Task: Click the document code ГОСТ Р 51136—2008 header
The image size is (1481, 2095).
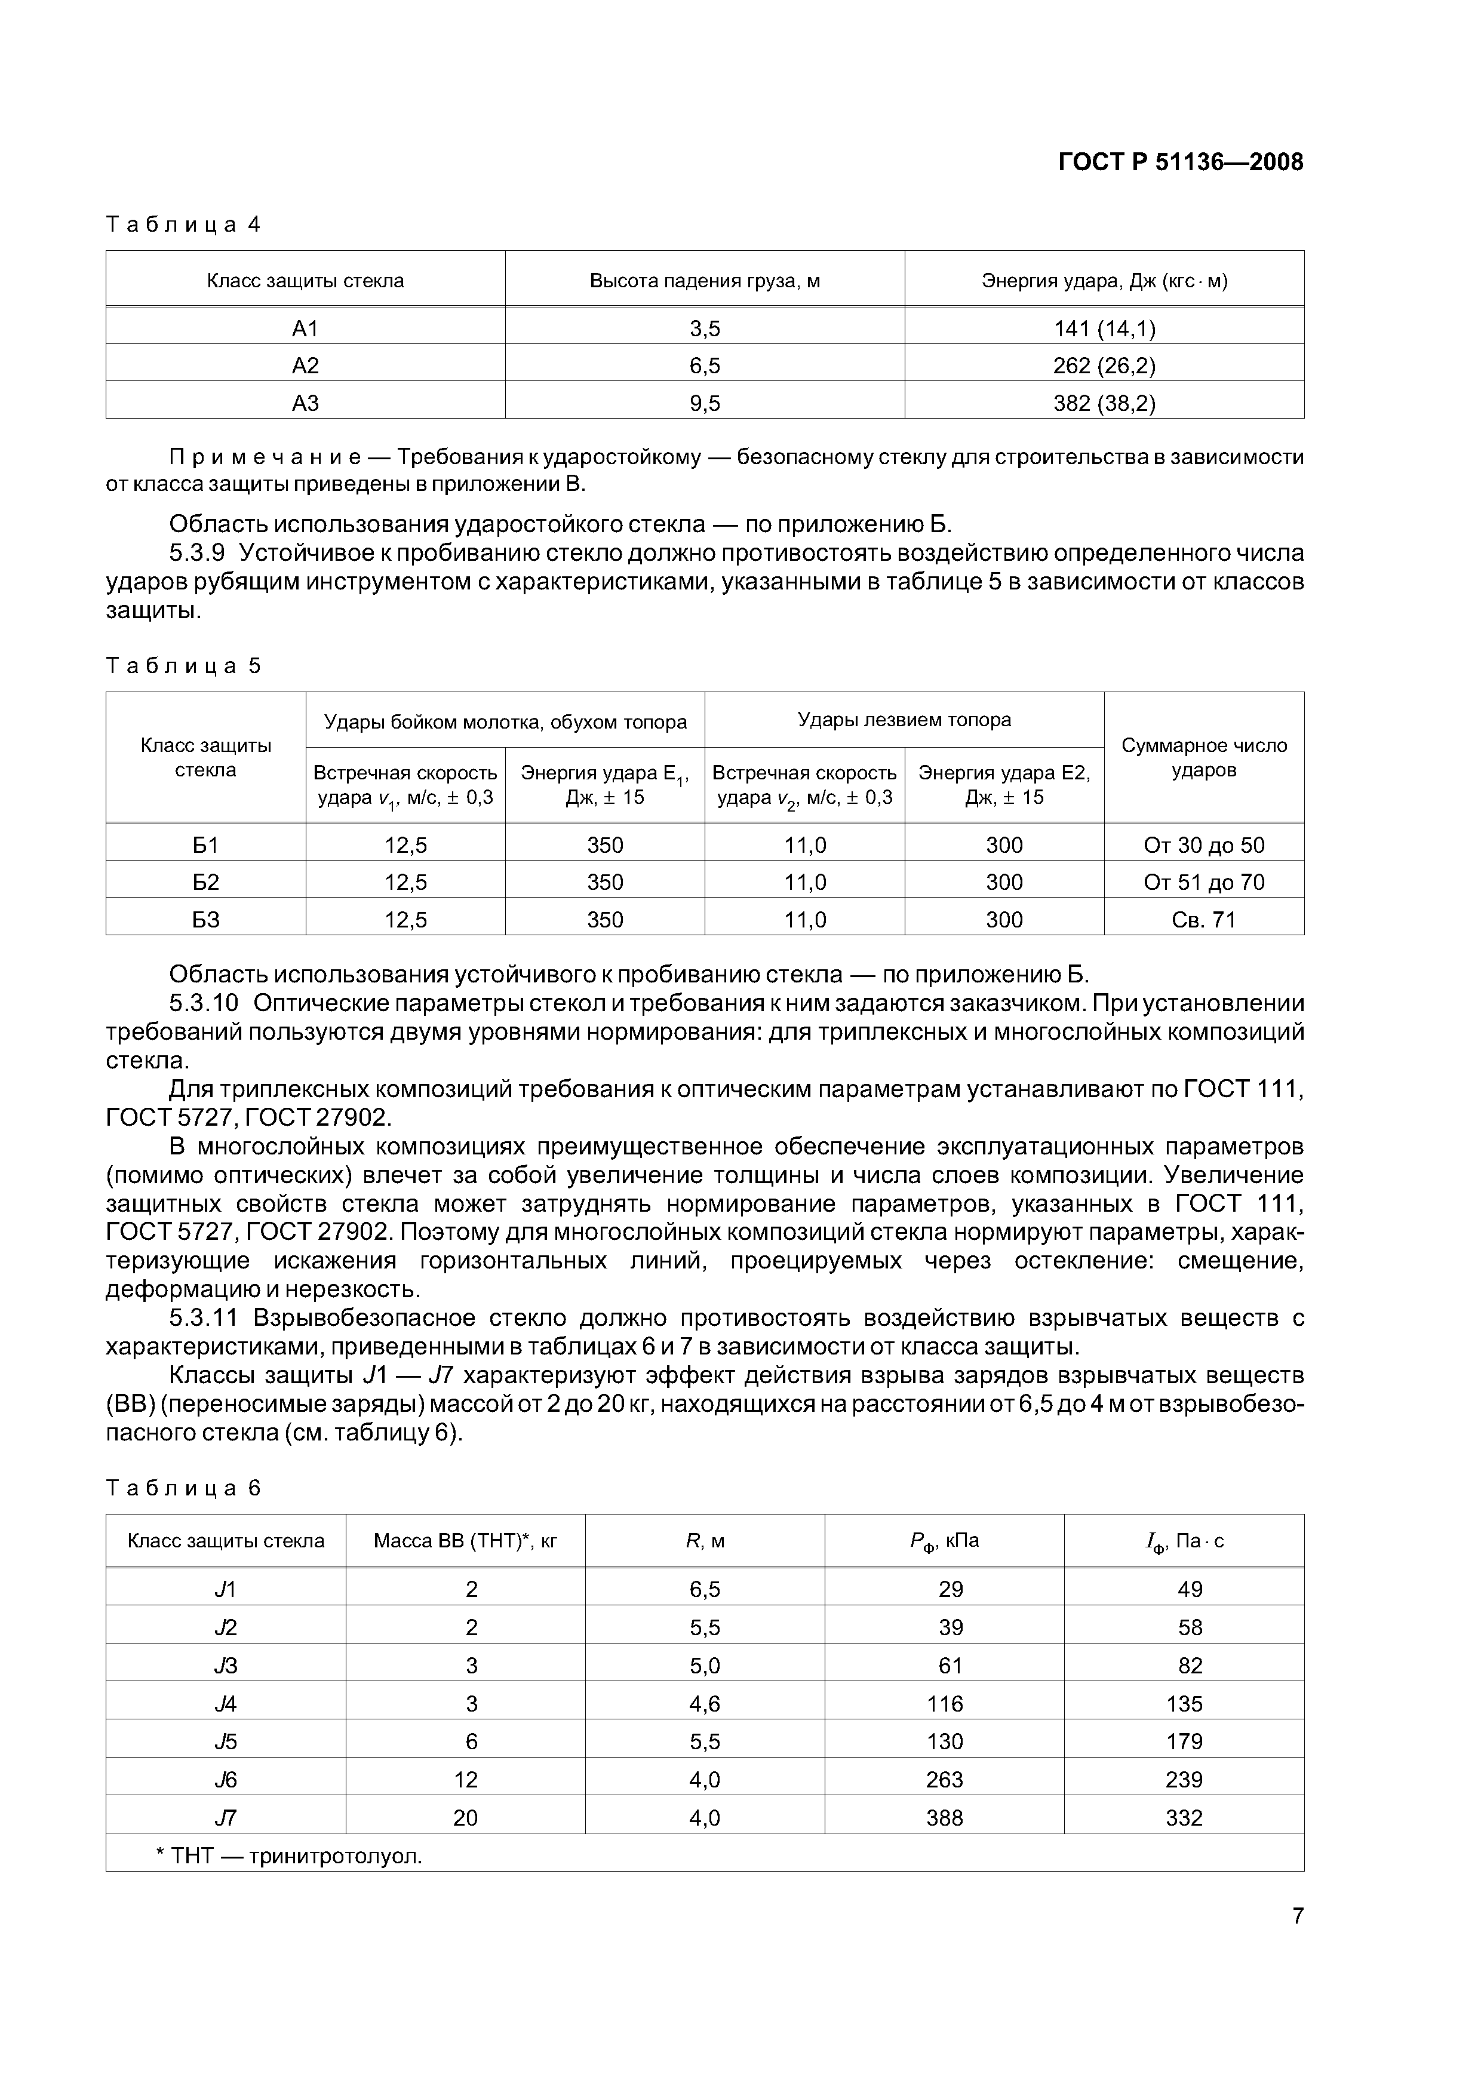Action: coord(1180,162)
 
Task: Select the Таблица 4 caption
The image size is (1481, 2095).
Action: coord(183,225)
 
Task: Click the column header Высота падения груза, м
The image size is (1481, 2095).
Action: coord(705,281)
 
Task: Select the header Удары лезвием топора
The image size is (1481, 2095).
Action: coord(904,720)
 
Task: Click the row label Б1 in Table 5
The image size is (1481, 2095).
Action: coord(205,845)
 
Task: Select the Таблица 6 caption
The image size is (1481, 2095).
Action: coord(183,1488)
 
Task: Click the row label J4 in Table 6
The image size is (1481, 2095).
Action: coord(225,1704)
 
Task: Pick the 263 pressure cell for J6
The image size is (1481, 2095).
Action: coord(945,1779)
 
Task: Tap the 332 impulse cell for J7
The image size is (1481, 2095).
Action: coord(1184,1818)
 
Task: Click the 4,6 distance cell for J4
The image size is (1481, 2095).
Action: coord(705,1704)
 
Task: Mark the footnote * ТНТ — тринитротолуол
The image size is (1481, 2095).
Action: coord(289,1856)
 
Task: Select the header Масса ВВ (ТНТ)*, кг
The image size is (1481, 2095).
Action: coord(465,1541)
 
